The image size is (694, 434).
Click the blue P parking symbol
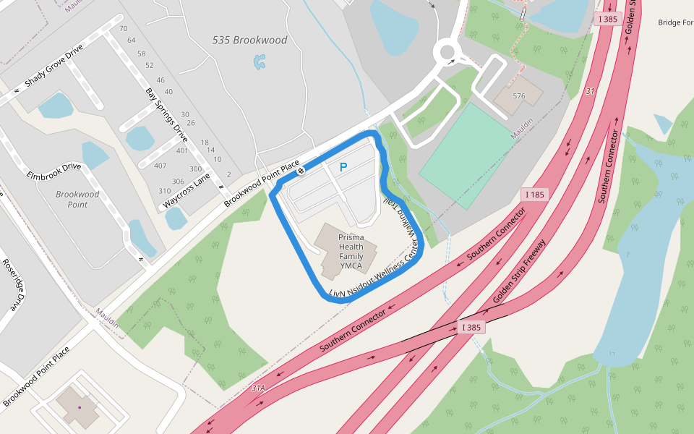coord(343,167)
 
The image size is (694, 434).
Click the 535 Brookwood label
coord(249,41)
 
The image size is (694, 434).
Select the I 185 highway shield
coord(535,195)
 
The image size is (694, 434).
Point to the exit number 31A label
coord(258,388)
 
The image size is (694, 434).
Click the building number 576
coord(518,95)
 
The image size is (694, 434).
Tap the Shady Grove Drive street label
coord(53,66)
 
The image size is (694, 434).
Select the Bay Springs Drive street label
coord(167,115)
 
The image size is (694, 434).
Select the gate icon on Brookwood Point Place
coord(300,171)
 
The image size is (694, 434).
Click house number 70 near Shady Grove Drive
coord(123,29)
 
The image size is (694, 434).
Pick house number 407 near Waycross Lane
coord(160,166)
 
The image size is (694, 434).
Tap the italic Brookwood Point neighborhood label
coord(77,200)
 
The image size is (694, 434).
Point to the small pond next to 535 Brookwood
coord(260,62)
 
